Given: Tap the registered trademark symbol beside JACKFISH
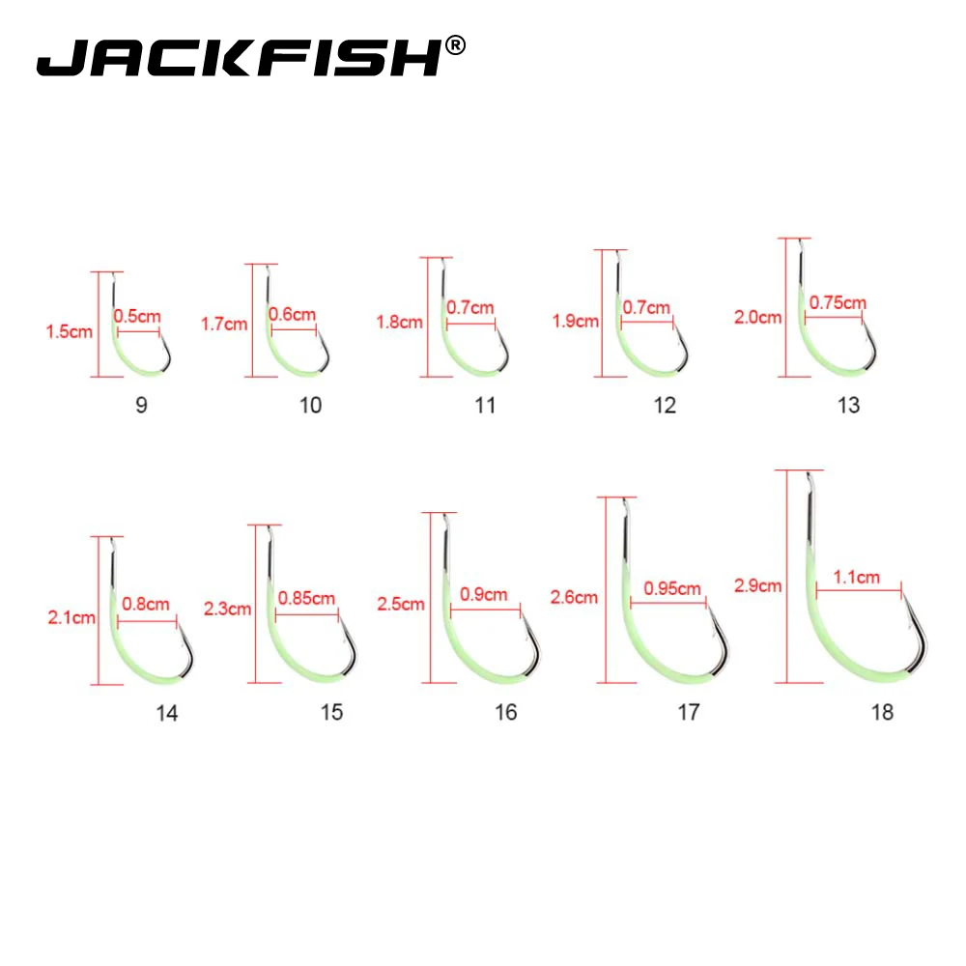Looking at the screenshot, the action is pyautogui.click(x=457, y=44).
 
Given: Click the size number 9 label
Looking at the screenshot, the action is pyautogui.click(x=142, y=404).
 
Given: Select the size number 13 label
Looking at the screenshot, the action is pyautogui.click(x=848, y=405).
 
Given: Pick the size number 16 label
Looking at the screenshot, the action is pyautogui.click(x=505, y=712).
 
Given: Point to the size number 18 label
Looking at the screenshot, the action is pyautogui.click(x=881, y=712).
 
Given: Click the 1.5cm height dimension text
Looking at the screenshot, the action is pyautogui.click(x=69, y=332).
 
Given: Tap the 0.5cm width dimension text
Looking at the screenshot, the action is pyautogui.click(x=137, y=315).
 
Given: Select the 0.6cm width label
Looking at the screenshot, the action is pyautogui.click(x=292, y=314).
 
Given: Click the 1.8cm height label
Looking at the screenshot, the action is pyautogui.click(x=400, y=322).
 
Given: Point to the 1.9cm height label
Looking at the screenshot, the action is pyautogui.click(x=576, y=321).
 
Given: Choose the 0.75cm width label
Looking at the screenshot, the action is pyautogui.click(x=838, y=302).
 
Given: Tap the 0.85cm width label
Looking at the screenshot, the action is pyautogui.click(x=306, y=598).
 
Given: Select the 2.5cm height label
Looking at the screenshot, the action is pyautogui.click(x=400, y=605).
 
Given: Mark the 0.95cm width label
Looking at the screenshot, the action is pyautogui.click(x=674, y=587).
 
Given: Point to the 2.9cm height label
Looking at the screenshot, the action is pyautogui.click(x=757, y=585).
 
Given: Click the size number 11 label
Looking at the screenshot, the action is pyautogui.click(x=485, y=405).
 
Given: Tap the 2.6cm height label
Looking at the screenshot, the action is pyautogui.click(x=574, y=597).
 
